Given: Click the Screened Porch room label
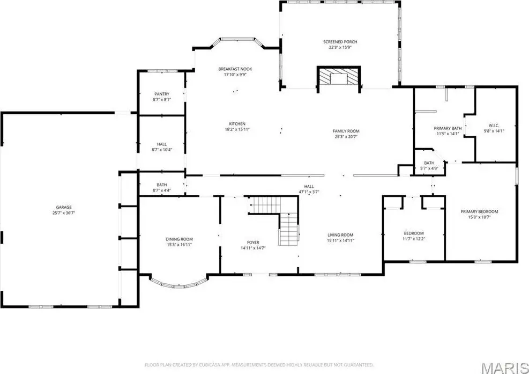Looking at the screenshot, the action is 340,42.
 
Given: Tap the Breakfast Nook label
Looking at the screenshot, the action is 235,69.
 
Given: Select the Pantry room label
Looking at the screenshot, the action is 162,94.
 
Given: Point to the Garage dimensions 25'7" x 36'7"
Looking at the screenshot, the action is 64,213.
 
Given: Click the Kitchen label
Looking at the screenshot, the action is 237,124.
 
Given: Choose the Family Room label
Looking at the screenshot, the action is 346,131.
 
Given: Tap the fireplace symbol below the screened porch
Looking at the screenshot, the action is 339,79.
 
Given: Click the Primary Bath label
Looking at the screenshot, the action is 448,128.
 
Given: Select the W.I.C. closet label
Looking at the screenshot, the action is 494,126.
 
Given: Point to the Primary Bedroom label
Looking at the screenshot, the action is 479,212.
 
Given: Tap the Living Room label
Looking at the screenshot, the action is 340,235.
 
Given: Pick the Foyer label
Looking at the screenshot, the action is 253,243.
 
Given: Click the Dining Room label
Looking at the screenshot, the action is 179,239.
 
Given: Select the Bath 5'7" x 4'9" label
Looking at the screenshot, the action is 429,166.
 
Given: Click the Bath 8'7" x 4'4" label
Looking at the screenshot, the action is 162,187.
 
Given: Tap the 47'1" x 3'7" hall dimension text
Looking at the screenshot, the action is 309,192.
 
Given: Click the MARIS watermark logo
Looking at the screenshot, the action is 505,368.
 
